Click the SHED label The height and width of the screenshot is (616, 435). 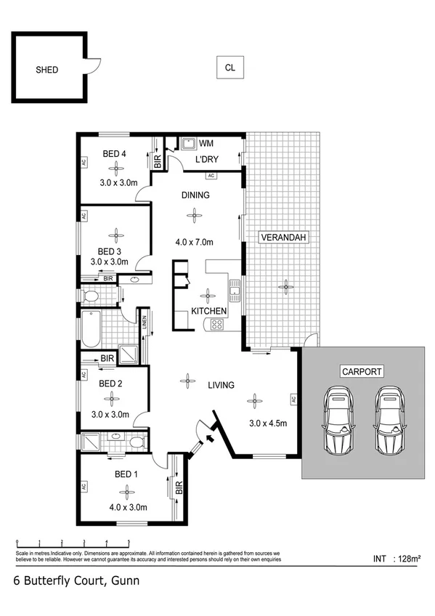[46, 70]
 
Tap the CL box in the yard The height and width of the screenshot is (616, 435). [229, 68]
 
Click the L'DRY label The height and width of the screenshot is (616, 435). [207, 160]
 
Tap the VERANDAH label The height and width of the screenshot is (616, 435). [282, 237]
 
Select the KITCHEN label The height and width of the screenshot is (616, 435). [209, 312]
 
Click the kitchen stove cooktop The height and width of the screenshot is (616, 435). [216, 325]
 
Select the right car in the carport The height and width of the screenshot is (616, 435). [389, 420]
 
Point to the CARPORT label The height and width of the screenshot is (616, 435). [361, 371]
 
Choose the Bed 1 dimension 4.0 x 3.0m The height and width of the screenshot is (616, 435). [127, 508]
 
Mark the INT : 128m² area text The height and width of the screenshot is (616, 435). [395, 559]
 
